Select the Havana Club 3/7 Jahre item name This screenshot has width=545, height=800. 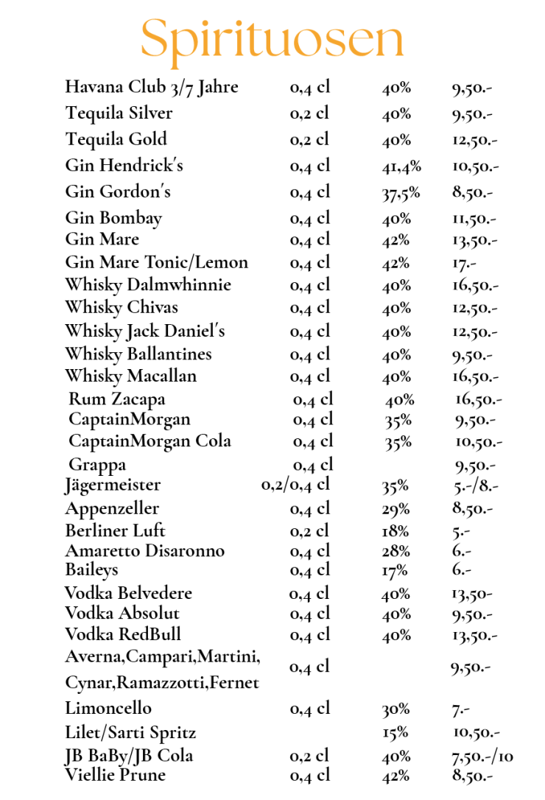click(x=152, y=87)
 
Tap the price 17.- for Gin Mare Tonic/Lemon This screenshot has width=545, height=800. click(x=461, y=262)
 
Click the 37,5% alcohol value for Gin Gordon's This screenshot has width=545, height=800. click(x=401, y=192)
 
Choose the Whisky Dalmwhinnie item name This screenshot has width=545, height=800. click(x=148, y=285)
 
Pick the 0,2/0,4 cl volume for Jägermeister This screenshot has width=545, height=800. click(x=295, y=485)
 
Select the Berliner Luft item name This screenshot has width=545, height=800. click(x=115, y=531)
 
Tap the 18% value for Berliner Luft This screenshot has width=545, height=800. click(x=395, y=531)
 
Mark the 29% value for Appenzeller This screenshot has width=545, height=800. click(x=395, y=509)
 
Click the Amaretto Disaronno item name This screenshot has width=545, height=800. click(x=144, y=551)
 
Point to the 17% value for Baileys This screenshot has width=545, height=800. click(x=395, y=570)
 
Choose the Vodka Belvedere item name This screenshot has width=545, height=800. click(x=128, y=594)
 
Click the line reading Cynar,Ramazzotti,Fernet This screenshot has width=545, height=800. click(x=162, y=683)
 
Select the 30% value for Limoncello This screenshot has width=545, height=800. click(x=396, y=709)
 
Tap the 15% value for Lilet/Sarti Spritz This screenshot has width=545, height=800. click(x=395, y=734)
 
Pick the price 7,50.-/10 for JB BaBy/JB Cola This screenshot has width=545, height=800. click(x=482, y=757)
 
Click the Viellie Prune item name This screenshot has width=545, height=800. click(x=115, y=775)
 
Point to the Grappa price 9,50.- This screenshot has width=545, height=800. click(x=475, y=465)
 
